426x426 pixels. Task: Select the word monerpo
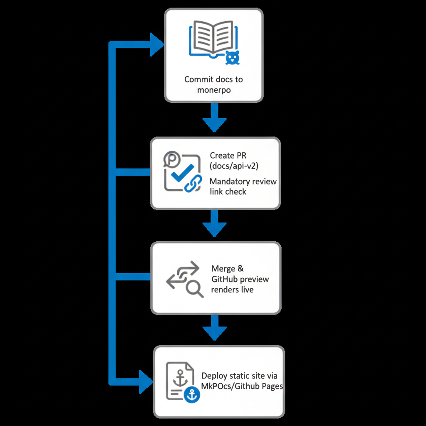coord(214,90)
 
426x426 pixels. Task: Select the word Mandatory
coord(230,182)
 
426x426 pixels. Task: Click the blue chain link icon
coord(193,183)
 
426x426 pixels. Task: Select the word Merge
coord(224,269)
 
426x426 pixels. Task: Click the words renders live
coord(232,290)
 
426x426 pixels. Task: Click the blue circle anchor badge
coord(191,394)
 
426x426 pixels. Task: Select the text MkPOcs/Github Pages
coord(242,386)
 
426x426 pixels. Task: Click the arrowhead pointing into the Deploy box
coord(146,381)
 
